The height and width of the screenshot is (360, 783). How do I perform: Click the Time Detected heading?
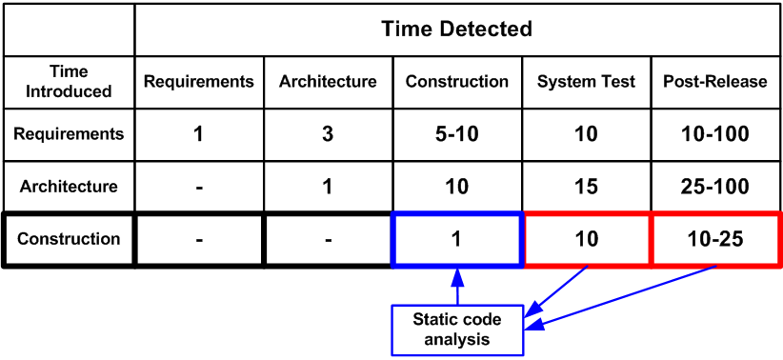click(x=456, y=29)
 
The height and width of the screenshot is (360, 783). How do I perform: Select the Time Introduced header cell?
click(x=69, y=82)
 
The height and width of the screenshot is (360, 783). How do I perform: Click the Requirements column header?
click(x=199, y=82)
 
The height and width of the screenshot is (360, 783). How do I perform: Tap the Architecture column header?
click(x=328, y=82)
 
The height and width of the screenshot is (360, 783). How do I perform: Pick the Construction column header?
click(x=457, y=82)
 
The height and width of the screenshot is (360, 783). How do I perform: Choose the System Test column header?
click(x=587, y=82)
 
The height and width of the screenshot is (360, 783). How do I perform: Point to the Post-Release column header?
click(x=715, y=82)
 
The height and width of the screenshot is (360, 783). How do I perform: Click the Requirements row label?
click(x=69, y=134)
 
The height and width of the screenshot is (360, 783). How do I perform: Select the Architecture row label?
click(x=69, y=187)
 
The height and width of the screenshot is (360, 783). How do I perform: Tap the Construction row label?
click(x=69, y=239)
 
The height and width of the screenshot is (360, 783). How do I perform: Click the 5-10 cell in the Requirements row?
click(x=457, y=134)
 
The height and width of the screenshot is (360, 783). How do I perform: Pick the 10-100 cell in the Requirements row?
click(x=715, y=134)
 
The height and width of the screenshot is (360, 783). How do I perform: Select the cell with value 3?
click(x=328, y=134)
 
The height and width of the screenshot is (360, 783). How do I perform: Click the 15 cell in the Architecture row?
click(x=587, y=187)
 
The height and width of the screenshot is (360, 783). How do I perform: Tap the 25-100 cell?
click(x=715, y=187)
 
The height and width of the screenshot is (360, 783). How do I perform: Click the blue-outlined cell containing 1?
click(x=457, y=239)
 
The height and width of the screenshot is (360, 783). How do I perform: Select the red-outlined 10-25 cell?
click(x=715, y=239)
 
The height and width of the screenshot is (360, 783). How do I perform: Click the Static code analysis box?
click(x=457, y=329)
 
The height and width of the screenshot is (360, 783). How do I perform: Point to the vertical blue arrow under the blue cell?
click(x=457, y=287)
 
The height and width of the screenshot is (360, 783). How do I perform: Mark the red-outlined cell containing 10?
click(x=587, y=239)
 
